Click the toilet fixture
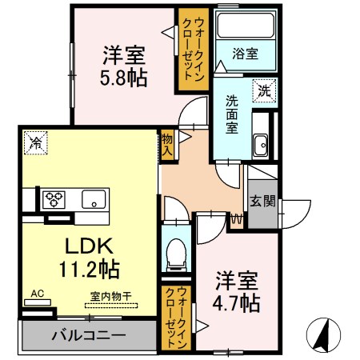[x=176, y=255]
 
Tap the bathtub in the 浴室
[x=246, y=26]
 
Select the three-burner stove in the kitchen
[x=54, y=199]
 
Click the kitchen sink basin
[x=94, y=199]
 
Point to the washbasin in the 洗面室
[x=261, y=145]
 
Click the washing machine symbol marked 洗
[x=264, y=90]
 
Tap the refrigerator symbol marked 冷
[x=36, y=142]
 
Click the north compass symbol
[x=323, y=335]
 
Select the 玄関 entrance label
[x=262, y=201]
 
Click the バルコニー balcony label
[x=89, y=335]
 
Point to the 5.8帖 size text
[x=124, y=78]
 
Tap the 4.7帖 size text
[x=236, y=303]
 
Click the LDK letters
[x=89, y=246]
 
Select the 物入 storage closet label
[x=167, y=146]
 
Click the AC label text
[x=37, y=294]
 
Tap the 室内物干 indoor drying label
[x=110, y=296]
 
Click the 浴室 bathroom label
[x=245, y=54]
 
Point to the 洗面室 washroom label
[x=232, y=114]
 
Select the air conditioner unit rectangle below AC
[x=38, y=302]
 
